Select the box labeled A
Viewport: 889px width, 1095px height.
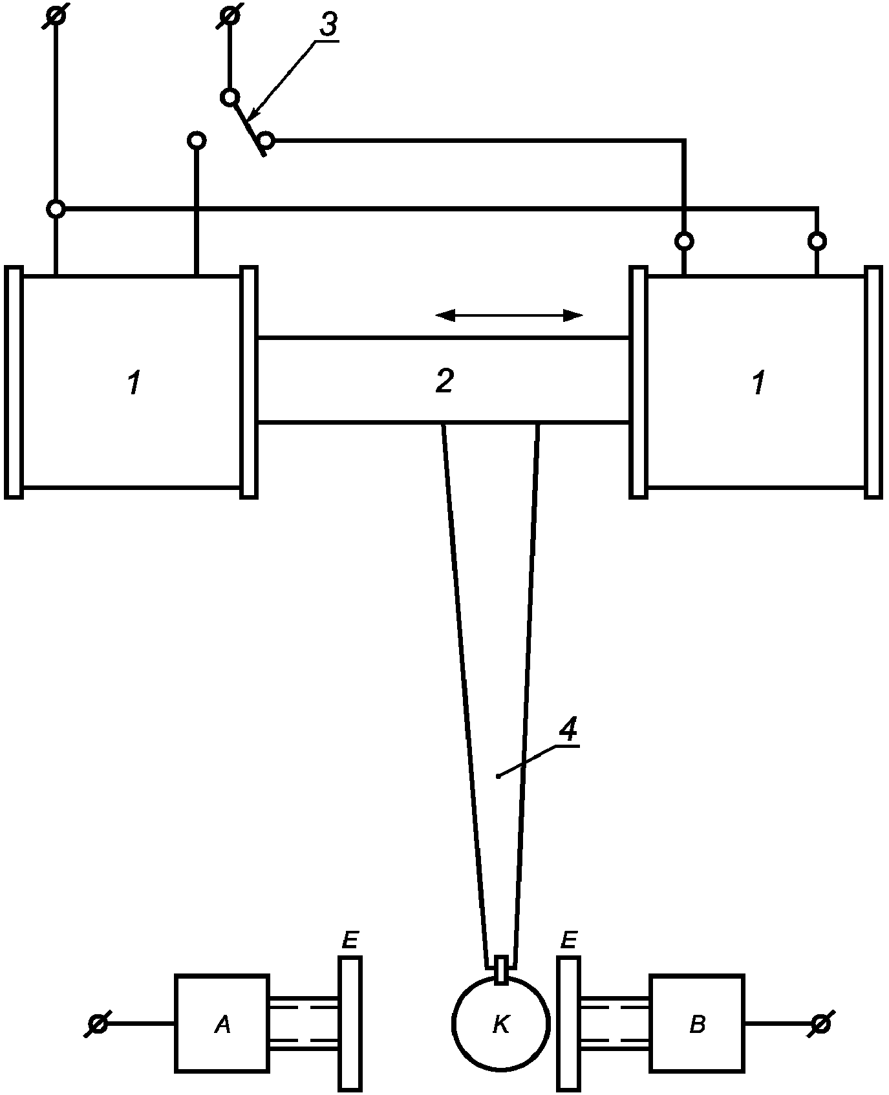point(222,1024)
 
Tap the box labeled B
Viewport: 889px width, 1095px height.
point(697,1024)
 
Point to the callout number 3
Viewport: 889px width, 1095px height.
point(328,25)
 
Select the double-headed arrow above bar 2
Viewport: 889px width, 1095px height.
point(509,315)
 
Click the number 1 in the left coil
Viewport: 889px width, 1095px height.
point(133,384)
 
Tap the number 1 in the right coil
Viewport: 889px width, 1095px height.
point(758,384)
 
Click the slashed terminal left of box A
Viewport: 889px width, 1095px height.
point(98,1024)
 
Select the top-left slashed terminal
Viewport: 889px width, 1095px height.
point(57,14)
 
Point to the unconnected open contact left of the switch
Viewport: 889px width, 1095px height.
point(197,140)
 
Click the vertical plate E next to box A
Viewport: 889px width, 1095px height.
point(350,1023)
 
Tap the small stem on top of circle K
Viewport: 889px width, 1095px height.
point(501,970)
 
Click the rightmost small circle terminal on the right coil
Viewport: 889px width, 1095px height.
point(817,241)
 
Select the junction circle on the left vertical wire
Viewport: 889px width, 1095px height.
point(57,209)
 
